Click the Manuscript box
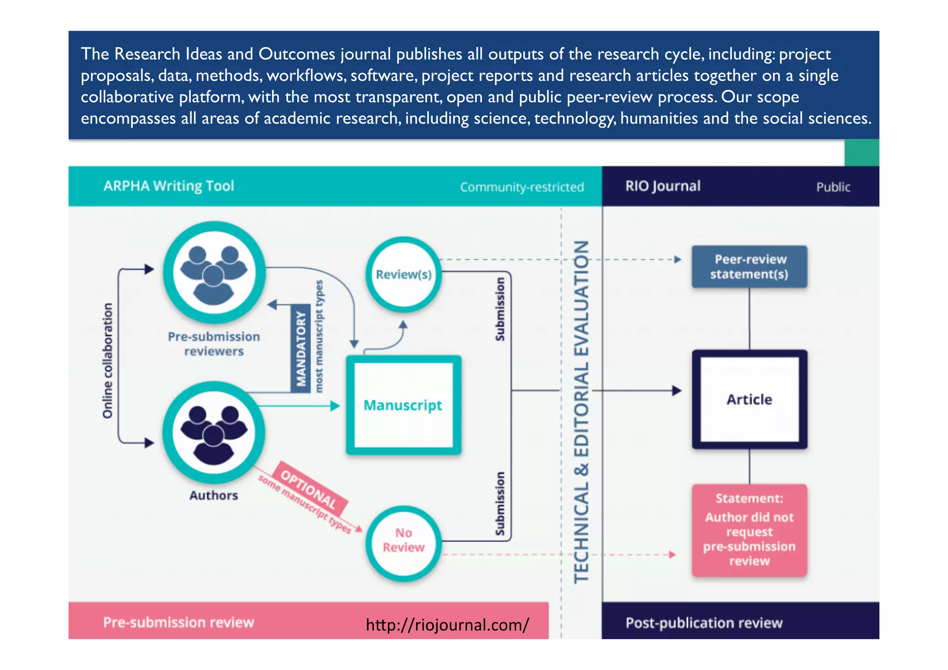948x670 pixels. tap(403, 405)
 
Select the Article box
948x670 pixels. tap(749, 399)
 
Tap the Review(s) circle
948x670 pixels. tap(403, 274)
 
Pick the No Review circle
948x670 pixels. tap(403, 540)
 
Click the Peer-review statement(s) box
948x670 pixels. tap(749, 267)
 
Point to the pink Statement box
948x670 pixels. tap(749, 530)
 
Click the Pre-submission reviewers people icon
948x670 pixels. tap(214, 273)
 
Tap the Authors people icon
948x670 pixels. tap(214, 432)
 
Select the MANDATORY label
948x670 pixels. tap(301, 348)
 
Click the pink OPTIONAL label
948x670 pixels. tap(309, 489)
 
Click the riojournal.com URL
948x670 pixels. tap(447, 625)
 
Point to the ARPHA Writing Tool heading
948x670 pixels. tap(169, 186)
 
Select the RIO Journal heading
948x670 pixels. tap(663, 186)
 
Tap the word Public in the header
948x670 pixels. tap(833, 187)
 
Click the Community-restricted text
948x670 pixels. tap(522, 187)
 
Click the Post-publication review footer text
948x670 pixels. tap(704, 623)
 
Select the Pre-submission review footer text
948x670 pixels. tap(178, 622)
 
